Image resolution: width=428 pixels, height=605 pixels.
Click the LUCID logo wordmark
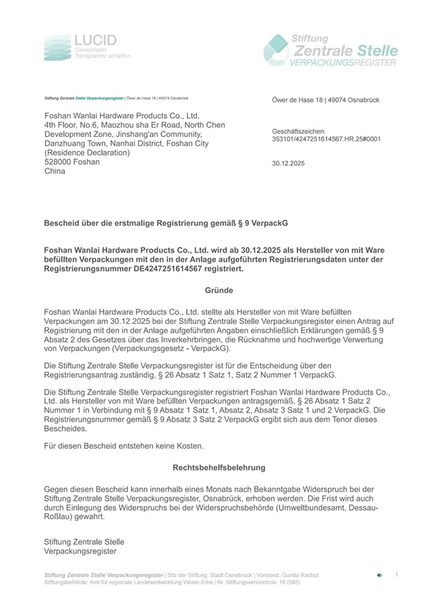pyautogui.click(x=95, y=40)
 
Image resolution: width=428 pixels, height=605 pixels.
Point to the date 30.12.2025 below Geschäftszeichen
pyautogui.click(x=288, y=163)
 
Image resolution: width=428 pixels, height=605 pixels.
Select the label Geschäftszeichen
pyautogui.click(x=299, y=131)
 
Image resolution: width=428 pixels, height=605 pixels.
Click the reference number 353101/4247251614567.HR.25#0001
pyautogui.click(x=326, y=139)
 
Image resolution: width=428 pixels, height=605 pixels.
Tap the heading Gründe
pyautogui.click(x=219, y=290)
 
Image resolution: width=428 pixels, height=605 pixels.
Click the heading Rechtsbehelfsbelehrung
pyautogui.click(x=219, y=467)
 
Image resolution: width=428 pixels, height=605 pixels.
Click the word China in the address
pyautogui.click(x=55, y=171)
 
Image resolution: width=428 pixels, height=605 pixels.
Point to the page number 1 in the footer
pyautogui.click(x=397, y=574)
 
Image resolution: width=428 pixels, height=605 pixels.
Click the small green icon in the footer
pyautogui.click(x=379, y=574)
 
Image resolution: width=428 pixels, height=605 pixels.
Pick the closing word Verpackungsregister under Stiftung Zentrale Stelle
pyautogui.click(x=80, y=551)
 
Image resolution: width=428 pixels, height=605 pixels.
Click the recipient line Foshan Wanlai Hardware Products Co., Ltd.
pyautogui.click(x=121, y=116)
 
